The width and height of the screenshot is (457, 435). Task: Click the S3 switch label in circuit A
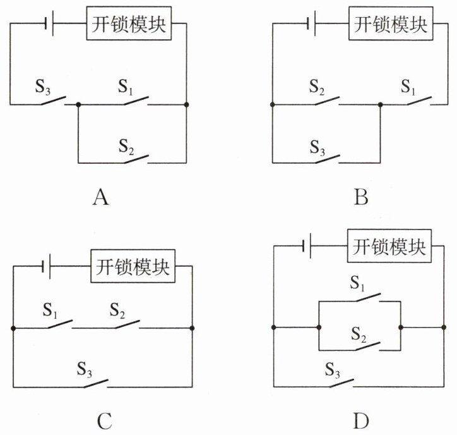point(42,87)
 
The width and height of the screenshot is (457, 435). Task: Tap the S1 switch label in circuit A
point(126,87)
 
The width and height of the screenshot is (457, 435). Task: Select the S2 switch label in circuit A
point(126,147)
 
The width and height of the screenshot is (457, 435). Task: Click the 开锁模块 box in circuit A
point(129,23)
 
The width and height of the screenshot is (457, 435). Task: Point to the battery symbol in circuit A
point(49,23)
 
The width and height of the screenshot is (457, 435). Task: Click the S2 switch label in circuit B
point(317,87)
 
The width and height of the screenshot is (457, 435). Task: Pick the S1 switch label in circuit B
point(408,87)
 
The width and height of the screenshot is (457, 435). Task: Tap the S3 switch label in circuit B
point(318,147)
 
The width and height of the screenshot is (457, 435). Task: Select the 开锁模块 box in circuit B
point(391,23)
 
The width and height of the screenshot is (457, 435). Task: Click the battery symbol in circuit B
point(312,23)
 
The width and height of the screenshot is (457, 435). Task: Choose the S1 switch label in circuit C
point(50,310)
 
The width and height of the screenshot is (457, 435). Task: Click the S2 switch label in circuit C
point(117,310)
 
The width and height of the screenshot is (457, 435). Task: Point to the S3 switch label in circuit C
point(85,369)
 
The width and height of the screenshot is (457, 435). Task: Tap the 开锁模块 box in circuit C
point(133,266)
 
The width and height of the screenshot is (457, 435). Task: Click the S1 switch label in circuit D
point(357,283)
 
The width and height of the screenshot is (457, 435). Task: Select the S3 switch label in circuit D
point(333,370)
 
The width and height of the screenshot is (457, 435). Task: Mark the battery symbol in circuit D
point(307,246)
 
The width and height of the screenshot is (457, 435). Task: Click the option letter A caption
point(101,197)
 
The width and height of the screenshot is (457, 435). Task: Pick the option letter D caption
point(361,420)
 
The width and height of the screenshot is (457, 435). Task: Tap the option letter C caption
point(105,420)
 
